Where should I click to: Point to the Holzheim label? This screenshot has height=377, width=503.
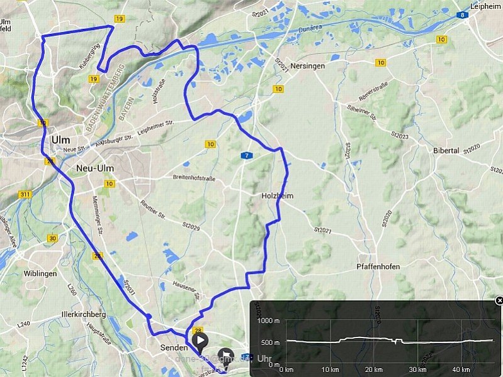[x=277, y=196]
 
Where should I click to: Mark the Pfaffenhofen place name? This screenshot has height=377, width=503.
[x=378, y=266]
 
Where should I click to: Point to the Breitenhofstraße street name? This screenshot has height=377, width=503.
[x=194, y=178]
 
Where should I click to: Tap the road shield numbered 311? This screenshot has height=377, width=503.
[x=25, y=195]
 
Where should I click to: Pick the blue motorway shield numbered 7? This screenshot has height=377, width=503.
[x=249, y=155]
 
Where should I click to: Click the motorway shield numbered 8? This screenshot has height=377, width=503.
[x=463, y=15]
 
